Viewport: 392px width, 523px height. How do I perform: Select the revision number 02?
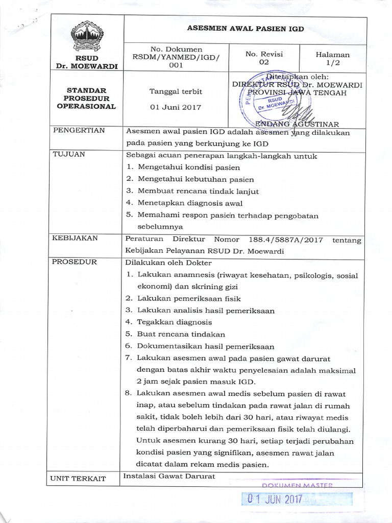pyautogui.click(x=264, y=62)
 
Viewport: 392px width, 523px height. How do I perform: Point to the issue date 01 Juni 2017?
pyautogui.click(x=175, y=107)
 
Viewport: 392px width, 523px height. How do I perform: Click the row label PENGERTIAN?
pyautogui.click(x=79, y=131)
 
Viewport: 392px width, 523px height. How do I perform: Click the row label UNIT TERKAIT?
pyautogui.click(x=79, y=479)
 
